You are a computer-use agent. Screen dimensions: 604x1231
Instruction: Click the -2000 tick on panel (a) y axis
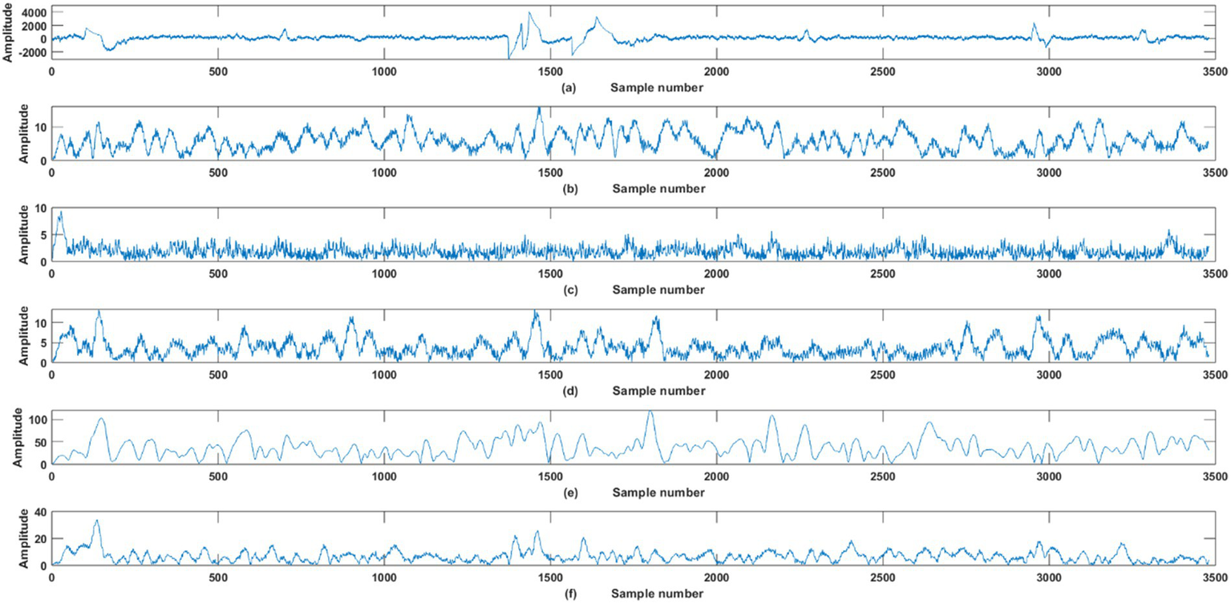pos(30,52)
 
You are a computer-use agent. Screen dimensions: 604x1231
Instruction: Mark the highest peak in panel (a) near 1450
pos(529,13)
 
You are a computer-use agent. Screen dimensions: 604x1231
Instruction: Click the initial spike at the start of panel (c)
pos(60,213)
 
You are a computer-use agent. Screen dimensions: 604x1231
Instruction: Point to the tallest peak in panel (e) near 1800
pos(650,412)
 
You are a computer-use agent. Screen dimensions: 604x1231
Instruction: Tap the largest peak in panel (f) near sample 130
pos(96,521)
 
